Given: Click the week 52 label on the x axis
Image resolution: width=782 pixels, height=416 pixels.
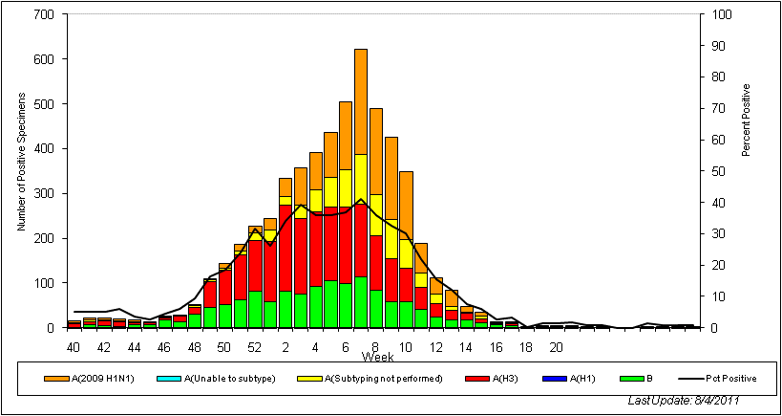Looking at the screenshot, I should tap(254, 346).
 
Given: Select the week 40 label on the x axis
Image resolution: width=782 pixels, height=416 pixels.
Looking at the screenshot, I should tap(74, 346).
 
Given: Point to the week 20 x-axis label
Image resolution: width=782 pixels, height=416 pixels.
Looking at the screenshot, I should tap(556, 346).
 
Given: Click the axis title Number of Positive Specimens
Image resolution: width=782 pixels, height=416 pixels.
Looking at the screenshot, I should tap(20, 170).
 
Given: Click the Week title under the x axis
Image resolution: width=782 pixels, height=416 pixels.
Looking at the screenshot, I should tap(374, 357).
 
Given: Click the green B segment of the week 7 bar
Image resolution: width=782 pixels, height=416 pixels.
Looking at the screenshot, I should tap(361, 302).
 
